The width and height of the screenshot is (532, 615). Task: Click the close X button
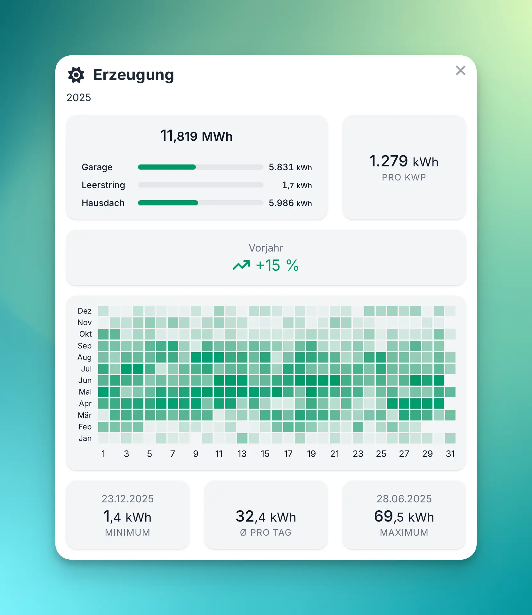coord(460,70)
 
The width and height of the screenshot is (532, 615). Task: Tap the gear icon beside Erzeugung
coord(76,75)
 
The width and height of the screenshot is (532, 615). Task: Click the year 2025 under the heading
coord(79,97)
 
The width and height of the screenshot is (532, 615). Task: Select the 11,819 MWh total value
coord(197,136)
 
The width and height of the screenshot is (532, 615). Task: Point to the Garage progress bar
coord(200,167)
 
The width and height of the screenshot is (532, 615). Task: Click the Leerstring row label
coord(103,185)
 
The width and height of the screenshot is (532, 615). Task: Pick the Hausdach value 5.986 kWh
coord(290,203)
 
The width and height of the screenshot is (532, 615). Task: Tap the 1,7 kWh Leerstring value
coord(297,185)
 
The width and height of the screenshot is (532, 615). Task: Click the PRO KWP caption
coord(404,177)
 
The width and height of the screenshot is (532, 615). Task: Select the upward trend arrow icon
coord(241,265)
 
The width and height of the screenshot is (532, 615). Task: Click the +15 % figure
coord(277,265)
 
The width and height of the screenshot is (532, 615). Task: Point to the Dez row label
coord(85,311)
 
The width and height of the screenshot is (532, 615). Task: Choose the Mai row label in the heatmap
coord(85,392)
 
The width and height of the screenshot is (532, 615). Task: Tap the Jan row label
coord(85,438)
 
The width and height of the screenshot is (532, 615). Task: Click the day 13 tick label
coord(242,454)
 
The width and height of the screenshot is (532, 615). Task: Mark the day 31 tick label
coord(450,454)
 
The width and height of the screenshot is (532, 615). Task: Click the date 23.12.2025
coord(128,499)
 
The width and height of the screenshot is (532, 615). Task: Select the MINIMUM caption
coord(128,532)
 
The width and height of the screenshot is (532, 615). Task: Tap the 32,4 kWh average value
coord(266,516)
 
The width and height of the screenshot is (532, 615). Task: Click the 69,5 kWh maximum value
coord(404,516)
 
